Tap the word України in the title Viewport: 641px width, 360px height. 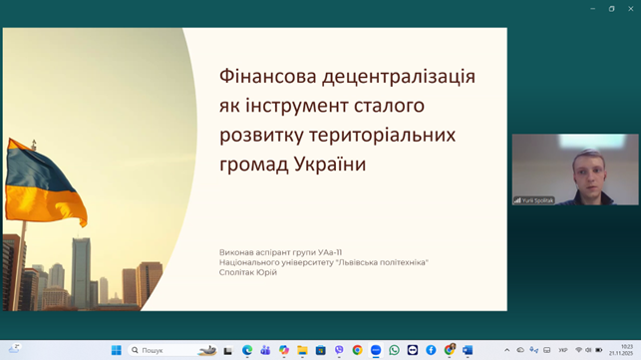(x=328, y=165)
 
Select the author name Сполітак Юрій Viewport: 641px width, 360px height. (x=248, y=272)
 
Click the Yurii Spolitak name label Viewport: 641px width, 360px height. (x=537, y=200)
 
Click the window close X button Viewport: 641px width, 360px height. (x=630, y=8)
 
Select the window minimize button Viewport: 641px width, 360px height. (x=593, y=8)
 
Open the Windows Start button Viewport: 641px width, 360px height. (x=116, y=350)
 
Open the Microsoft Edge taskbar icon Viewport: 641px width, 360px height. (x=247, y=350)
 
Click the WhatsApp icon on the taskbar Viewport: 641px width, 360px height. (x=394, y=350)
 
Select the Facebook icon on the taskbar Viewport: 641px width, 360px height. (x=431, y=350)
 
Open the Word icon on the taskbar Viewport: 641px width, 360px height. (x=468, y=350)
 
